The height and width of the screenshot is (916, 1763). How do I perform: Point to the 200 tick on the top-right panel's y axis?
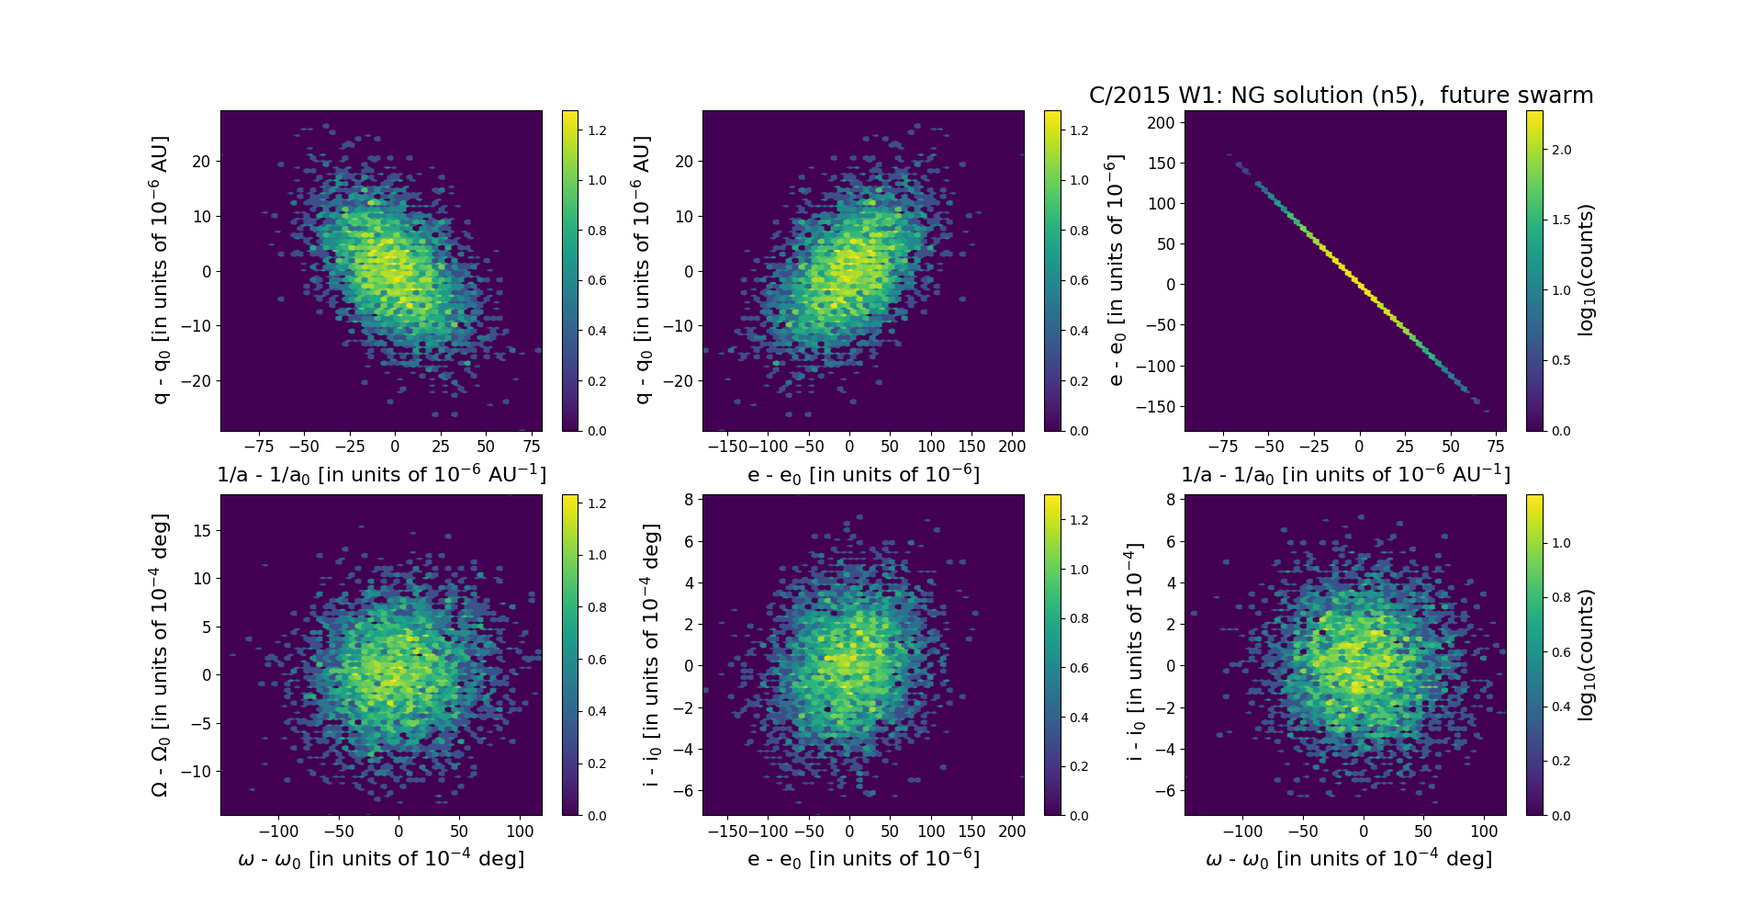pyautogui.click(x=1162, y=123)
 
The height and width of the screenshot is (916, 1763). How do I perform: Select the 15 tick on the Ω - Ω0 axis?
pyautogui.click(x=202, y=531)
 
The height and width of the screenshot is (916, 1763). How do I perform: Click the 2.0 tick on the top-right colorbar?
pyautogui.click(x=1561, y=150)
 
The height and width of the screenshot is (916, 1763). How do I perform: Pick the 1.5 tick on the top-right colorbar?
pyautogui.click(x=1561, y=220)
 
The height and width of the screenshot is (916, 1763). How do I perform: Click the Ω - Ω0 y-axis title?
pyautogui.click(x=160, y=655)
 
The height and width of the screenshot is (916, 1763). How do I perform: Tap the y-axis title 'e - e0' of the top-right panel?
pyautogui.click(x=1115, y=271)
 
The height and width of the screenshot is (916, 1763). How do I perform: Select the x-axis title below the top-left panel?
pyautogui.click(x=381, y=475)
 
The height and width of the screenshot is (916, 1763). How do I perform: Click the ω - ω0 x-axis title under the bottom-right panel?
pyautogui.click(x=1348, y=859)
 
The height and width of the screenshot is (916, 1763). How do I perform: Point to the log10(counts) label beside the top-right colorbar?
pyautogui.click(x=1586, y=271)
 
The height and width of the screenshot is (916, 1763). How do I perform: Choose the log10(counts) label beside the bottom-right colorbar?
pyautogui.click(x=1586, y=655)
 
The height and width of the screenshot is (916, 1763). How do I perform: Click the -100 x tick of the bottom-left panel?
pyautogui.click(x=278, y=831)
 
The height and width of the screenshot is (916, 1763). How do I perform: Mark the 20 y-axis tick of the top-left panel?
pyautogui.click(x=201, y=162)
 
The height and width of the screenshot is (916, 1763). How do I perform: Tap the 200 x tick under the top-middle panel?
pyautogui.click(x=1012, y=447)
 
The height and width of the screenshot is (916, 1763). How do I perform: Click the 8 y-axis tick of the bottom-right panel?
pyautogui.click(x=1171, y=500)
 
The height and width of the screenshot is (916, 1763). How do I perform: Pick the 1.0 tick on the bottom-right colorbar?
pyautogui.click(x=1561, y=543)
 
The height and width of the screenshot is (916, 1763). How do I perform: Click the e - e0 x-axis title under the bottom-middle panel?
pyautogui.click(x=863, y=859)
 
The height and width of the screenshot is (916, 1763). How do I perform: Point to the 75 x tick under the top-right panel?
pyautogui.click(x=1496, y=447)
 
